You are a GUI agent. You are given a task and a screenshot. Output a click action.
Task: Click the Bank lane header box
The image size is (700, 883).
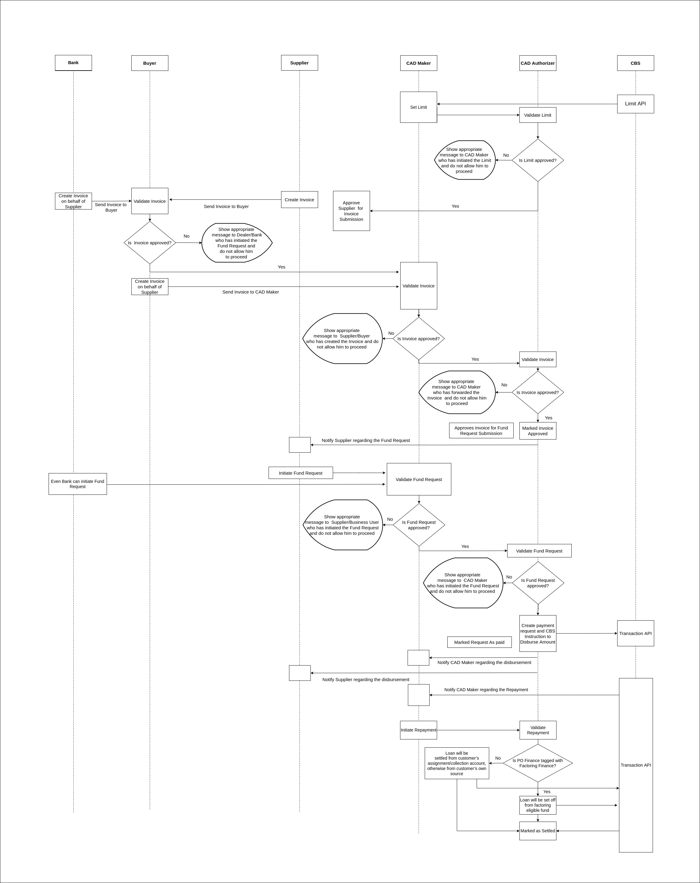(x=73, y=63)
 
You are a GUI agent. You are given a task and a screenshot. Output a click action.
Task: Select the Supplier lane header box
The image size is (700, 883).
(x=299, y=63)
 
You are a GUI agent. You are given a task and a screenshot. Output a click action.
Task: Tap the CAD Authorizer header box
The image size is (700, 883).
(x=538, y=63)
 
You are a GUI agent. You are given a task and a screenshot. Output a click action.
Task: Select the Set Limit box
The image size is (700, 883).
(x=419, y=107)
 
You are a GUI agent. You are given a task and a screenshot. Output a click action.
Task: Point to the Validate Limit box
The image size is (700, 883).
(x=538, y=115)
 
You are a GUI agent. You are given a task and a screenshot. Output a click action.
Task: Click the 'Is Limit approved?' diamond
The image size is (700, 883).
(x=538, y=160)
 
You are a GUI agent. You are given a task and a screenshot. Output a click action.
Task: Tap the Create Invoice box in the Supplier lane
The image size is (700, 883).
(x=299, y=200)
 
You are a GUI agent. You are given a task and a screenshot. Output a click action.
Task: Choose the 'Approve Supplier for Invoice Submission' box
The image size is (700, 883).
(x=351, y=211)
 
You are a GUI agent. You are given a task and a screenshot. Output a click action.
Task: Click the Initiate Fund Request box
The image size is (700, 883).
(x=301, y=473)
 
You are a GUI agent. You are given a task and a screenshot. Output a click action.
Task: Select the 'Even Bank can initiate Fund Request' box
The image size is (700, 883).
(x=78, y=484)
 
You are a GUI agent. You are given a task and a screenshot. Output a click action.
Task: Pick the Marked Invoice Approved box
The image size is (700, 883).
(x=538, y=431)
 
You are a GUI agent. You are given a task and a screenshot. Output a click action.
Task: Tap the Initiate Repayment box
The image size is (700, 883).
(x=419, y=730)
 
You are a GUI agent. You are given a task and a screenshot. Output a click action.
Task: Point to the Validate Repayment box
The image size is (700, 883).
(x=538, y=730)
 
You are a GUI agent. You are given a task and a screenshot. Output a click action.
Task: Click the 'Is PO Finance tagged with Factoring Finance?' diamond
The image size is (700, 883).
(x=538, y=763)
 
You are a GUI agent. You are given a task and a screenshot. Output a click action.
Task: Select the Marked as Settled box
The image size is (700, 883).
(x=538, y=831)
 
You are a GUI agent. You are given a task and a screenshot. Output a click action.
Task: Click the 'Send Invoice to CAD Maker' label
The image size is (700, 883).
(x=251, y=292)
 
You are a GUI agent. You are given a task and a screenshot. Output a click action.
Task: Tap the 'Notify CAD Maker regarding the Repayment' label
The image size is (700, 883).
(x=486, y=690)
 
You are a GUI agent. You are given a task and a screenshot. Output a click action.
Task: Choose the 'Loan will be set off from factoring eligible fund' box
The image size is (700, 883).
(x=538, y=805)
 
